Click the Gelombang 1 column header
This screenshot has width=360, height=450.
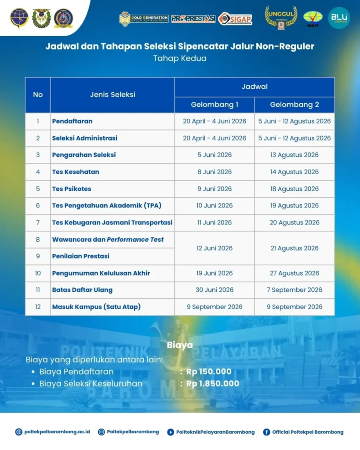215,105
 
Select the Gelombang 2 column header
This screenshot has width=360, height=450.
295,105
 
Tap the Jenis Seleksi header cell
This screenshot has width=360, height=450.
113,94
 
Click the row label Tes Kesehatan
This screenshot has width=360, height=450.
76,172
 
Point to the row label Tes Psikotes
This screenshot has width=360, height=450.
72,189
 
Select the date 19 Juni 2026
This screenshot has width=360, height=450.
215,273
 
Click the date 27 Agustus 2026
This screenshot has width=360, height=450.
295,273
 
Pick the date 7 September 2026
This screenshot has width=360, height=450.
295,290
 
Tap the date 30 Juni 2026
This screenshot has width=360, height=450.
215,290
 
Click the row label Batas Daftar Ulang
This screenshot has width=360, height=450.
82,290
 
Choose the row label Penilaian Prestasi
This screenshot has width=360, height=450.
81,256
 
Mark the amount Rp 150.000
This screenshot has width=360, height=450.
209,372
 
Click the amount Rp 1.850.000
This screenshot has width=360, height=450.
213,384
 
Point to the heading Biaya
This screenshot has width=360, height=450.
180,345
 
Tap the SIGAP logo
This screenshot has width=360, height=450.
235,18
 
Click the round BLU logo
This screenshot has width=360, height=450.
339,18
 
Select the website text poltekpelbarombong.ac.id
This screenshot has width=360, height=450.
57,432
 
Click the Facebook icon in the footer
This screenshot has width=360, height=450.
266,432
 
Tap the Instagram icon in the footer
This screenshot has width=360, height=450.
102,432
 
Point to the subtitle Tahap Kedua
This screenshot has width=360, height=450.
180,58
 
